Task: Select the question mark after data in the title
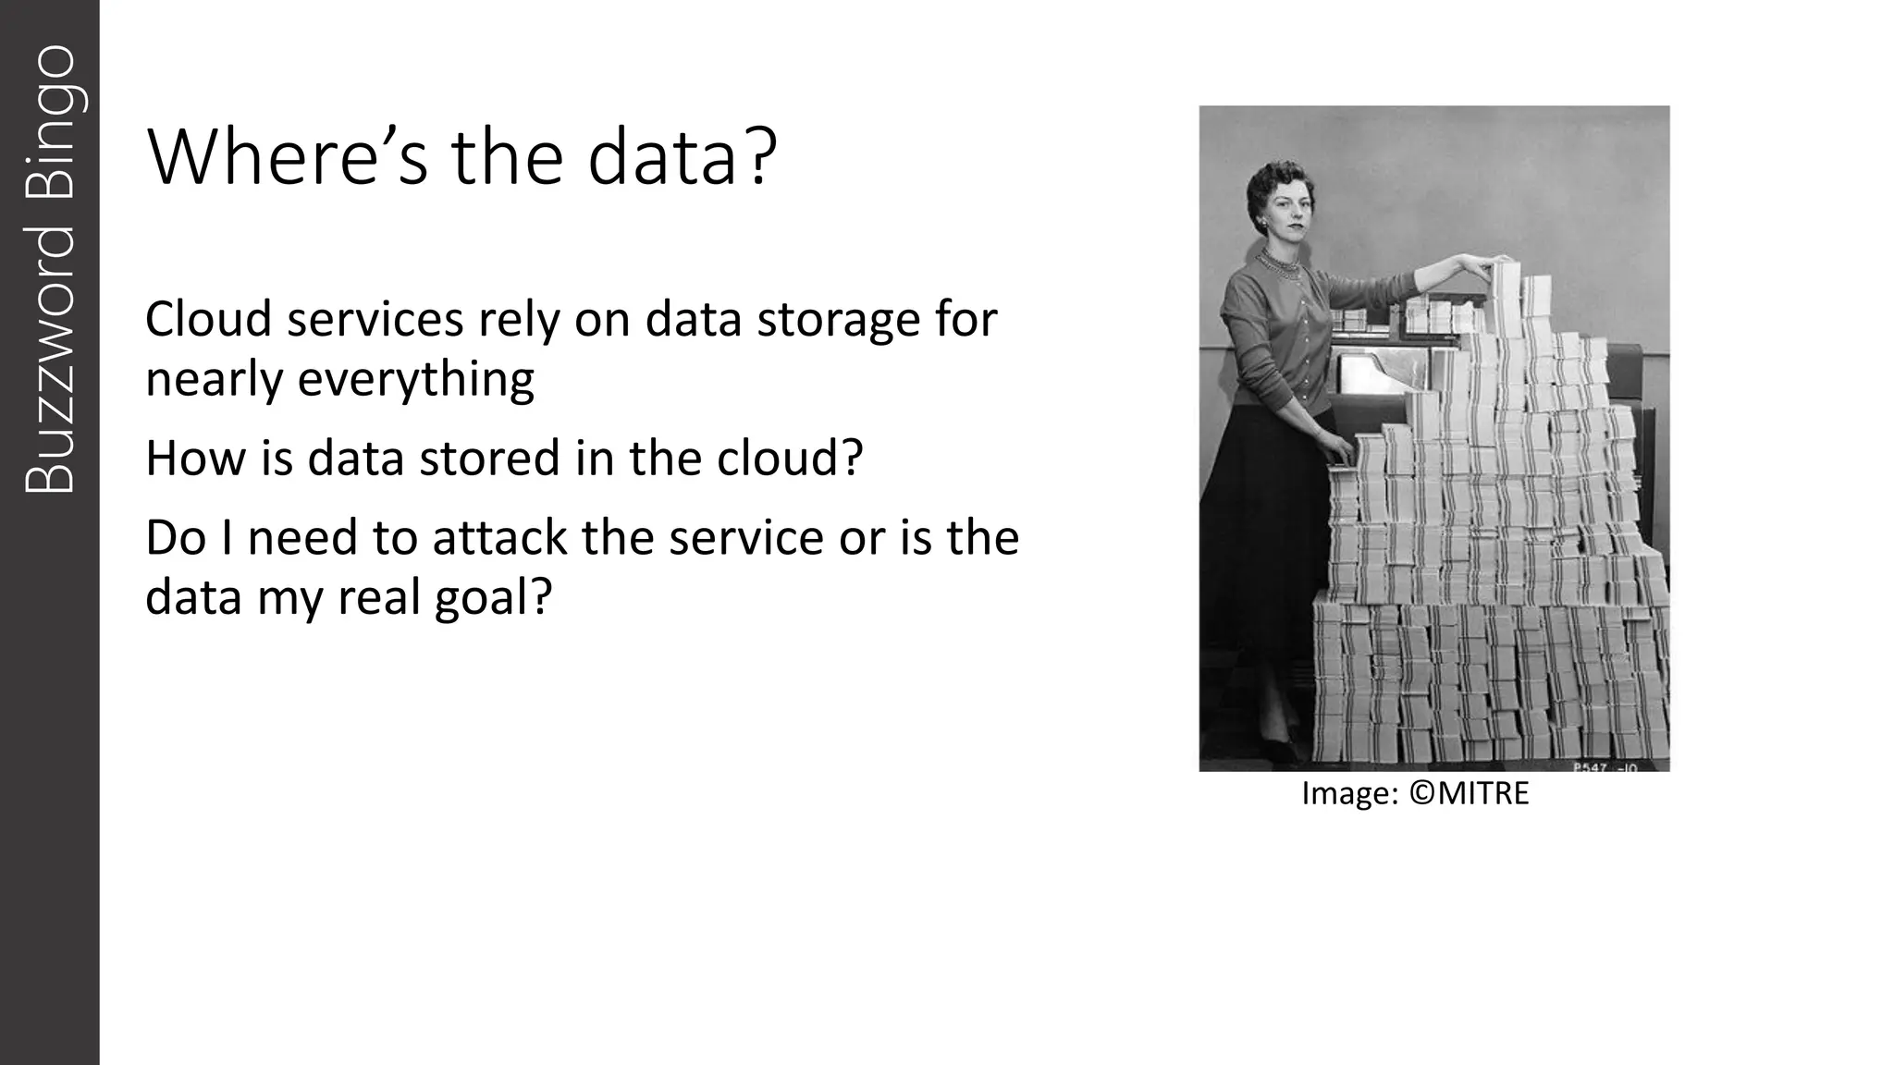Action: (756, 158)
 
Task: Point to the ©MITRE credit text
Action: (1470, 793)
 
